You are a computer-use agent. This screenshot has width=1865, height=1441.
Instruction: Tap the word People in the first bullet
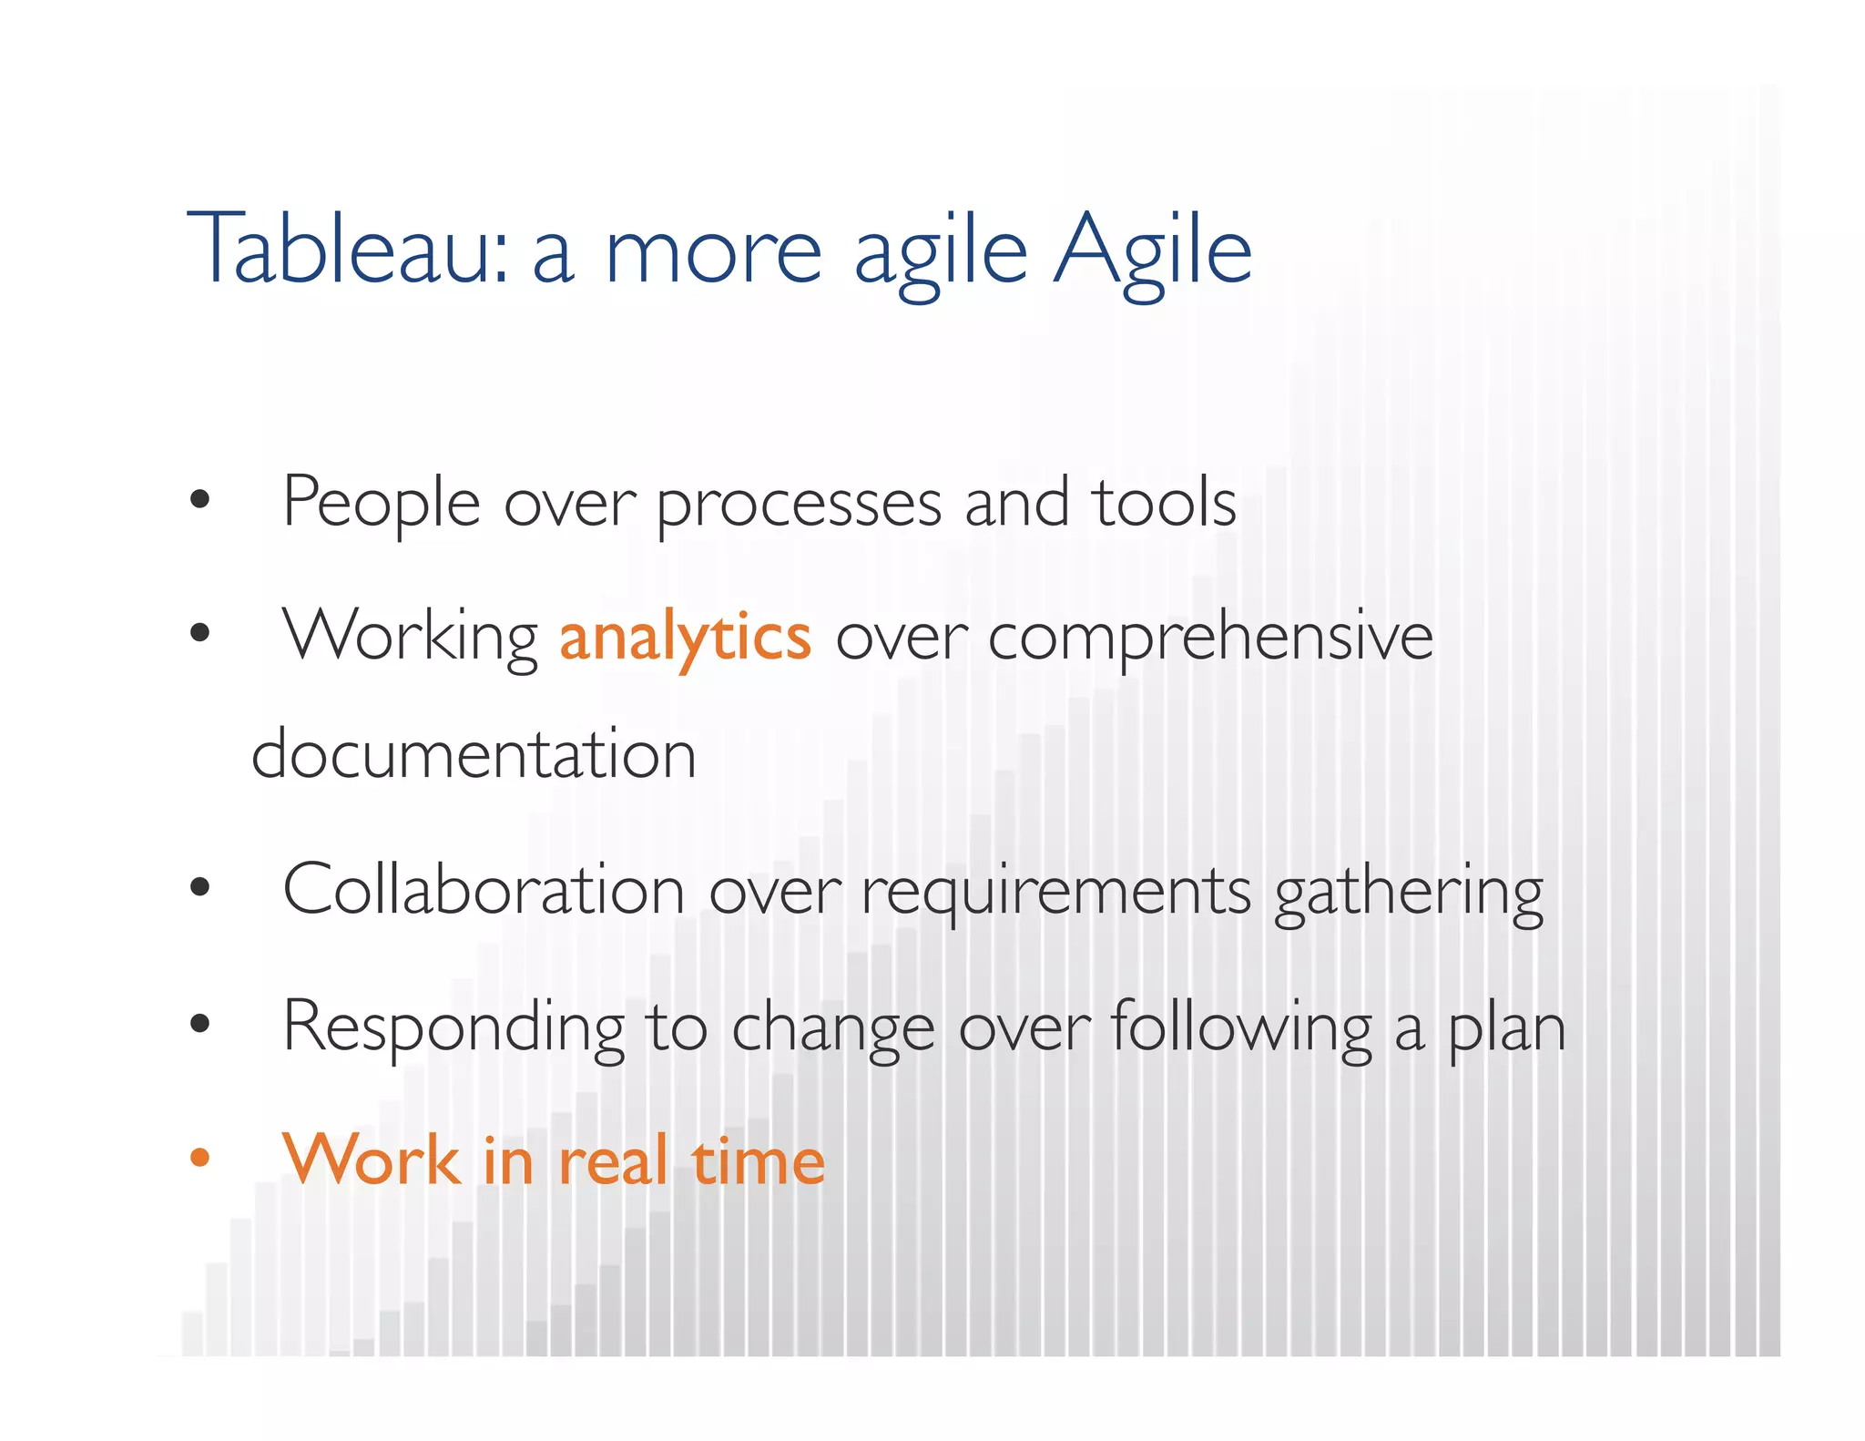381,502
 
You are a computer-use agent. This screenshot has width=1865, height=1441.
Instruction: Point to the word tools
1166,502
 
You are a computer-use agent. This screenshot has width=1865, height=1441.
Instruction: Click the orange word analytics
685,638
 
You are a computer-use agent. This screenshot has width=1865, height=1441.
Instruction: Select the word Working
410,638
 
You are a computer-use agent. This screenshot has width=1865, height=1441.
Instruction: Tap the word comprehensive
1210,638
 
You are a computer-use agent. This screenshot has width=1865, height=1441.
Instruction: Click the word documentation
474,755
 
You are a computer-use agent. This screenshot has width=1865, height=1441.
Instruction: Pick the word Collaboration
484,890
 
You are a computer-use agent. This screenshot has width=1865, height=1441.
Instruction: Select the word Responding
454,1027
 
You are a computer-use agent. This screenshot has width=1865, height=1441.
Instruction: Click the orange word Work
372,1160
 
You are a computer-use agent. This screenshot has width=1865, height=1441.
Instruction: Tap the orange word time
759,1162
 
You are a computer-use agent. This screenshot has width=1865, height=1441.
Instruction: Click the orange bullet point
199,1158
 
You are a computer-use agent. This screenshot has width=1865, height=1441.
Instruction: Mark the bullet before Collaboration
199,886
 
